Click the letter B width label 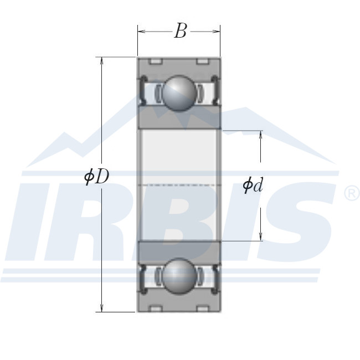(x=181, y=32)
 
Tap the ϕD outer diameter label (x=97, y=177)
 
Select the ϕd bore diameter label (x=253, y=186)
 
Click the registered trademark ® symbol (x=352, y=194)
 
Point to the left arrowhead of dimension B (x=141, y=32)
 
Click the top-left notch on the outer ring (x=156, y=60)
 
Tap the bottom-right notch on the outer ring (x=202, y=308)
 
